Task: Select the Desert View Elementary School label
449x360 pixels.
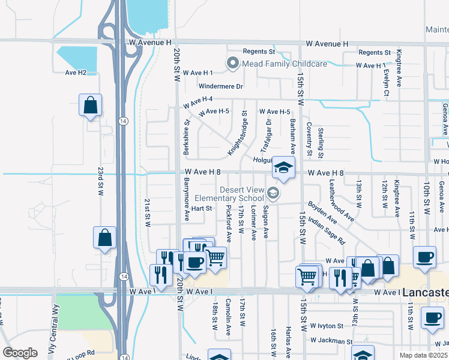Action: click(x=241, y=194)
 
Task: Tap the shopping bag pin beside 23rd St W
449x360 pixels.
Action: click(x=90, y=106)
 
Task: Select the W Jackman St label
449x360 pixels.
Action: click(x=331, y=341)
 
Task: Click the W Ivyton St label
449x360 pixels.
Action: click(x=327, y=326)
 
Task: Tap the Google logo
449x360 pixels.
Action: click(x=20, y=353)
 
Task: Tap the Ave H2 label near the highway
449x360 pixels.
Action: click(x=76, y=73)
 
